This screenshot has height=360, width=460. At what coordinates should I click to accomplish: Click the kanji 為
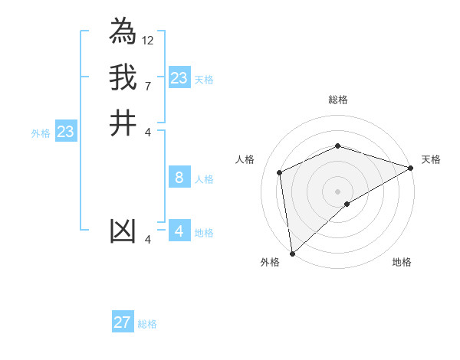pos(123,31)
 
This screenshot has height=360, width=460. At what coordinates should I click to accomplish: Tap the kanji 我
pos(123,77)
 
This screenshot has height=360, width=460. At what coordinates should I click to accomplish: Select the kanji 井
pos(123,123)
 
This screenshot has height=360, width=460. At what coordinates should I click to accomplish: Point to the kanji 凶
pos(123,232)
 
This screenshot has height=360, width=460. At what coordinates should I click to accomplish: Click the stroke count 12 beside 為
pos(148,40)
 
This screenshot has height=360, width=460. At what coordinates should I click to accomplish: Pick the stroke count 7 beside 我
pos(147,86)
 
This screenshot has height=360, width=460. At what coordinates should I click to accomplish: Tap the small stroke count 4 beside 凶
pos(148,241)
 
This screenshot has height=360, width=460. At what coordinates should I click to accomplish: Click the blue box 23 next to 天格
pos(179,78)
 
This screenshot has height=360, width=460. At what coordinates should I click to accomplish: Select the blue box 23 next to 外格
pos(66,132)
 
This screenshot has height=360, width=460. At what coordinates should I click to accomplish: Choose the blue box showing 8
pos(179,178)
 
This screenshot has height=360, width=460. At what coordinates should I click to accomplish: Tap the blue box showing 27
pos(123,322)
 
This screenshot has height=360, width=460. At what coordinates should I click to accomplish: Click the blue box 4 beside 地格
pos(179,231)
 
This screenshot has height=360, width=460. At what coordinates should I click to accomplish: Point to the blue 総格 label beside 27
pos(147,324)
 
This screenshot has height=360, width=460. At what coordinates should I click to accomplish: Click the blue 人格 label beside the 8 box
pos(204,179)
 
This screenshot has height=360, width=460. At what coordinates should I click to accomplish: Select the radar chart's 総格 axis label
pos(338,100)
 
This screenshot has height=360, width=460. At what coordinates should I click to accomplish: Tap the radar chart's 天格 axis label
pos(431,159)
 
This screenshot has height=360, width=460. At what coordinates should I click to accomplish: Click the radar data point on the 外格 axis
pos(292,254)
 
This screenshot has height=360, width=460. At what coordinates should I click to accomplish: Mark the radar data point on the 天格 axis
pos(411,168)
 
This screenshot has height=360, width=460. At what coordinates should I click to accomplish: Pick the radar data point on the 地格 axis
pos(347,204)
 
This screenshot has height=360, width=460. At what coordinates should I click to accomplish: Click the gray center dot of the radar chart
pos(338,191)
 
